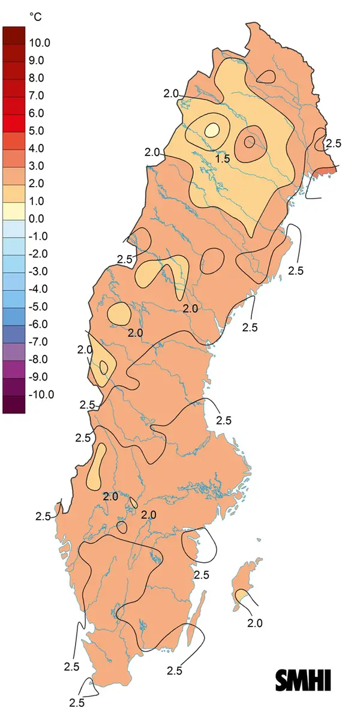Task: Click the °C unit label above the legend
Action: click(36, 17)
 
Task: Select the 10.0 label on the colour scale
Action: click(40, 43)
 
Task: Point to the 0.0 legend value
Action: click(37, 218)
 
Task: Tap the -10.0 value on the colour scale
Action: click(41, 394)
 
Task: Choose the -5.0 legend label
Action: click(39, 307)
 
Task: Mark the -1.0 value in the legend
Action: click(39, 236)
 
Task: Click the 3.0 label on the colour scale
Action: click(37, 166)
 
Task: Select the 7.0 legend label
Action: click(37, 95)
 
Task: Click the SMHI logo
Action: click(304, 680)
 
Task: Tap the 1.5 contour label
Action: click(223, 159)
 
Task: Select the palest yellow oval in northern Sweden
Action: click(212, 130)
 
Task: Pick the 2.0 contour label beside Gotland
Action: click(254, 623)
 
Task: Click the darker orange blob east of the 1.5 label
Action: click(250, 142)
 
